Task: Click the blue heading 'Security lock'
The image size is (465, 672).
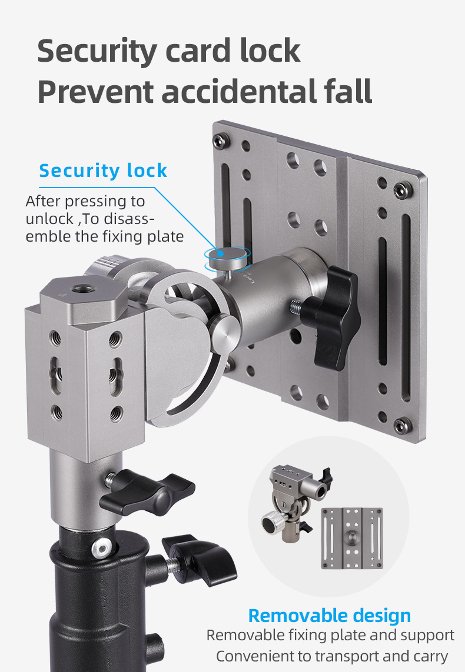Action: click(103, 170)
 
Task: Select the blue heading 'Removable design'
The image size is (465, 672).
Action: click(330, 616)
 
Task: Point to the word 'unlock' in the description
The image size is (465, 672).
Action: click(49, 219)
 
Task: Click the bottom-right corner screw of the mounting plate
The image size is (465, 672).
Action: click(403, 424)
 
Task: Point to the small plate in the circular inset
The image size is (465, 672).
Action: click(352, 539)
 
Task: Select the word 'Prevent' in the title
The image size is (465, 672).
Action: click(96, 92)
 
